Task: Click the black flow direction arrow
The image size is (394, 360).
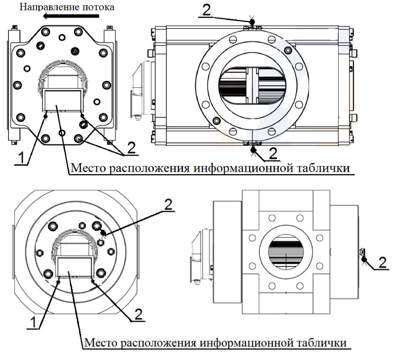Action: tap(71, 16)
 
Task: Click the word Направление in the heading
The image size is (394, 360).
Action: tap(46, 7)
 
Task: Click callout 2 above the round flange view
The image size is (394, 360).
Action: tap(206, 10)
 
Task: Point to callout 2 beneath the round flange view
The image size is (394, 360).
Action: tap(273, 153)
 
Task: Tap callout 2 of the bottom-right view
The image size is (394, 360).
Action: tap(382, 263)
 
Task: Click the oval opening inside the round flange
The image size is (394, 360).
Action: tap(252, 85)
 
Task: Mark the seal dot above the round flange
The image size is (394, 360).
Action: tap(252, 22)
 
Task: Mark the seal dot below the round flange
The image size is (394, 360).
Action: tap(254, 150)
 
